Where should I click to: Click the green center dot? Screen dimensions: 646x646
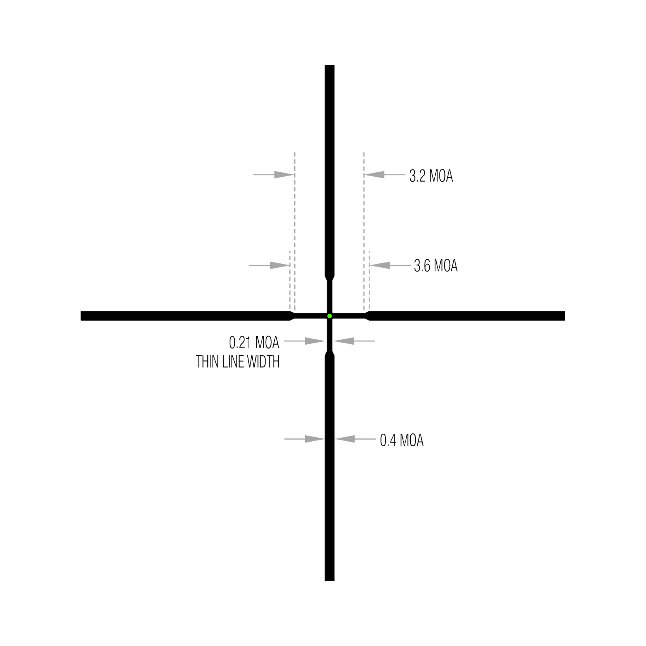pyautogui.click(x=329, y=316)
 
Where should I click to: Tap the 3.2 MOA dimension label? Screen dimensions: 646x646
pyautogui.click(x=431, y=176)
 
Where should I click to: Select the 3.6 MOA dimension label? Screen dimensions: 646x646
pyautogui.click(x=435, y=266)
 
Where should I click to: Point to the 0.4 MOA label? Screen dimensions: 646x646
pyautogui.click(x=402, y=440)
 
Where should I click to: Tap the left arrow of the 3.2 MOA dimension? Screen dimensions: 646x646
pyautogui.click(x=273, y=174)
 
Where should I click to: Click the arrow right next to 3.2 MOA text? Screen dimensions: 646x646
pyautogui.click(x=385, y=174)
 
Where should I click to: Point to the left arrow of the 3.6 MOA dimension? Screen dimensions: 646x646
pyautogui.click(x=269, y=265)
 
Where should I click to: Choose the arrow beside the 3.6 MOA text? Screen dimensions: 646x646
pyautogui.click(x=390, y=265)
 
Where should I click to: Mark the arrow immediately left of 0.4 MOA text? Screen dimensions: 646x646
pyautogui.click(x=355, y=439)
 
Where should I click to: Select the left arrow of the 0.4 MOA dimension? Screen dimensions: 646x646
pyautogui.click(x=305, y=439)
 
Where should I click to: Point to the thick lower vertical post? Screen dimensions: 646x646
pyautogui.click(x=329, y=468)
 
